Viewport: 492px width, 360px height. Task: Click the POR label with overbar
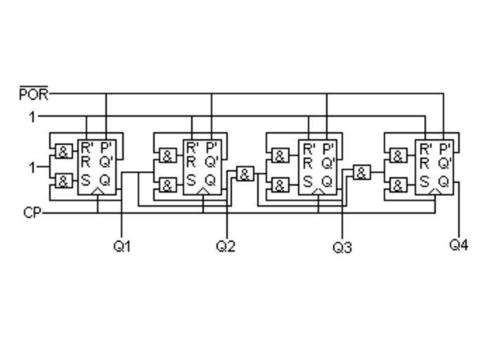coord(34,94)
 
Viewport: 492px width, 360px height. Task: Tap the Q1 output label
coord(122,246)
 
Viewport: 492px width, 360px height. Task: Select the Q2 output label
coord(226,246)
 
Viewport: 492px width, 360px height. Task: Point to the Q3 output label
coord(342,247)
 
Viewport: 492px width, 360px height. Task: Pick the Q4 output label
coord(459,245)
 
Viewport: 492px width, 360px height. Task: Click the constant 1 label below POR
coord(32,117)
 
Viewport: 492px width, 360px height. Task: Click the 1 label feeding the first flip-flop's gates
coord(32,167)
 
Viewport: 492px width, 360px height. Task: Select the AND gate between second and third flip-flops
coord(245,174)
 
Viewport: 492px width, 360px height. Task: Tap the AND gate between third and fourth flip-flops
coord(361,173)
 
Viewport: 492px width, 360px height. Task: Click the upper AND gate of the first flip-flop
coord(63,153)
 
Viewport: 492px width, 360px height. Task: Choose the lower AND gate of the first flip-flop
coord(63,181)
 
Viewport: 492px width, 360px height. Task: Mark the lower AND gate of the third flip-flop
coord(280,186)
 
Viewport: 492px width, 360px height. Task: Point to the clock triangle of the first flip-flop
coord(98,191)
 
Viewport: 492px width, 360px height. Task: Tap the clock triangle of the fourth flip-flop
coord(435,191)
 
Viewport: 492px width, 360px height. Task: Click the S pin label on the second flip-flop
coord(191,180)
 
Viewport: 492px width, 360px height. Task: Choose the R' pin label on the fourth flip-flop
coord(425,148)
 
